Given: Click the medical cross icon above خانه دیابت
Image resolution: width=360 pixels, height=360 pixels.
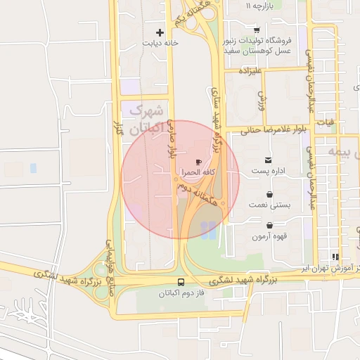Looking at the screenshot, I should [160, 32].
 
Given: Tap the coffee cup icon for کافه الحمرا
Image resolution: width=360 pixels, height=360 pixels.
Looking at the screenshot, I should [198, 161].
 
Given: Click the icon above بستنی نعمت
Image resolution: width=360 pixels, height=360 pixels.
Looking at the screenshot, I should [269, 194].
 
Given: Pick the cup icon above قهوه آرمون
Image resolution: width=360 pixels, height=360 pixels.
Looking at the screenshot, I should [269, 226].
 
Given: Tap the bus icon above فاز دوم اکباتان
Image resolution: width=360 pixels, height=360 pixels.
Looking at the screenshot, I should [181, 281].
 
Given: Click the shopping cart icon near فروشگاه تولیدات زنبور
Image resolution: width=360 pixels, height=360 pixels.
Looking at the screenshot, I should [257, 30].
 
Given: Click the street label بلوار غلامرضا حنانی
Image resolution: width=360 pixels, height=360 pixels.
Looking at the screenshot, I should [271, 130].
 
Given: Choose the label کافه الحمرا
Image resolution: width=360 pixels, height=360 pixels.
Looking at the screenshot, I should [199, 172].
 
